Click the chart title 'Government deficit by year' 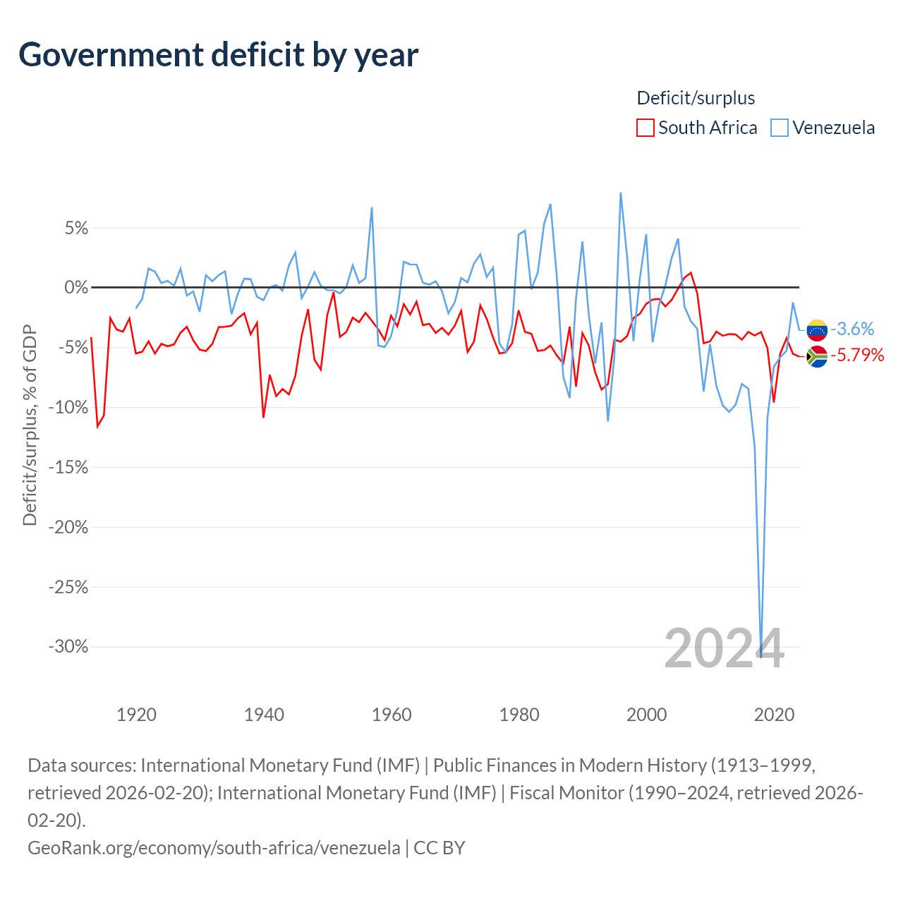(218, 55)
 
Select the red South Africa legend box (645, 128)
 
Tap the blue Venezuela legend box (780, 128)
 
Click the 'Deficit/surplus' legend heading (696, 98)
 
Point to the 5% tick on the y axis (76, 228)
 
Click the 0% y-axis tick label (76, 287)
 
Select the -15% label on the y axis (68, 467)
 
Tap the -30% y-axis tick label (68, 647)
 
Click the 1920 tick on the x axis (136, 715)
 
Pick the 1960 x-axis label (392, 715)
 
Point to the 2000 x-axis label (646, 715)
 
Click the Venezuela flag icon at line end (817, 330)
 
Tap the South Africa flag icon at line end (817, 356)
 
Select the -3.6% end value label (852, 329)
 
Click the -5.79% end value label (858, 355)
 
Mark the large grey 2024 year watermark (724, 648)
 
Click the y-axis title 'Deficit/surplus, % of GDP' (30, 425)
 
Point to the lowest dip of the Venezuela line (760, 657)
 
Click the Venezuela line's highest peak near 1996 (620, 193)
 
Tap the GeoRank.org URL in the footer (214, 848)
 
